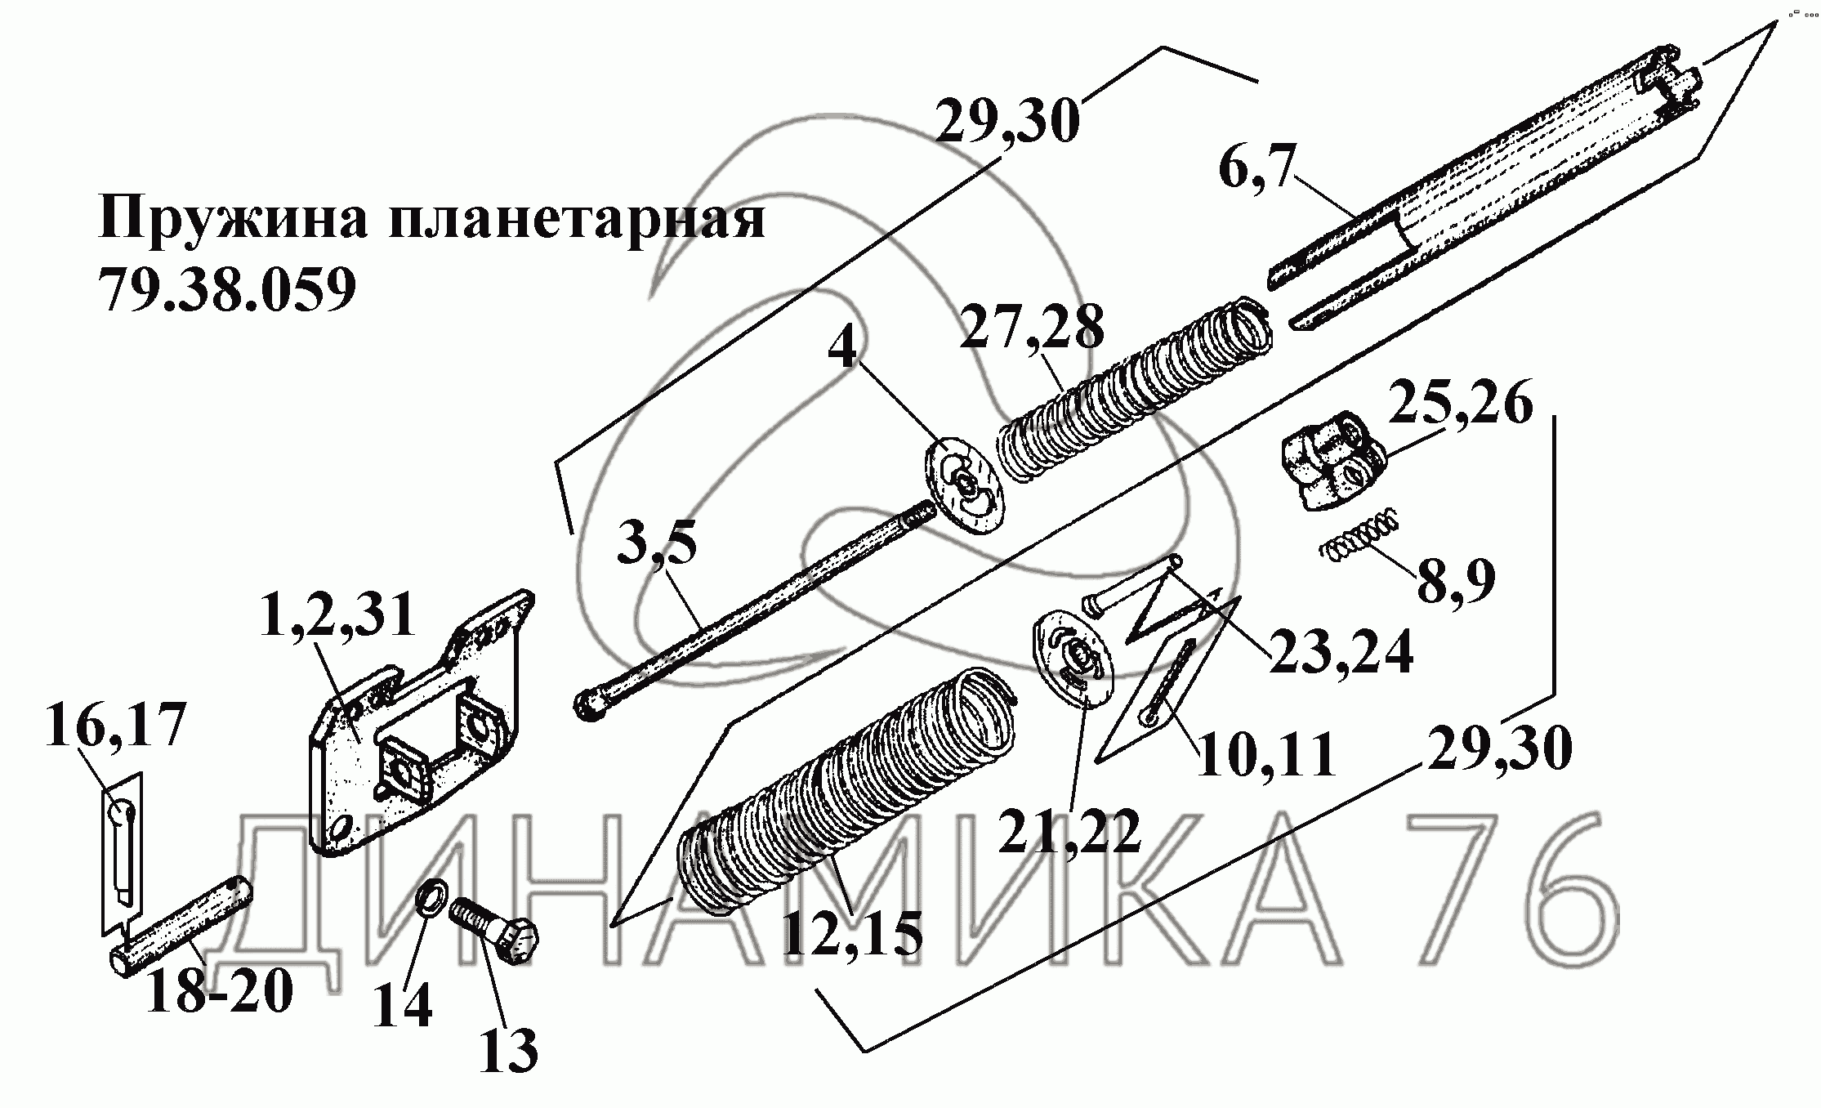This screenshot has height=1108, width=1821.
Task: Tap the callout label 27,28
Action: (x=1032, y=328)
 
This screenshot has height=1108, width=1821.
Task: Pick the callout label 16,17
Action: (x=114, y=724)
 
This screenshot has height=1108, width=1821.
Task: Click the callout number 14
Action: (x=402, y=1005)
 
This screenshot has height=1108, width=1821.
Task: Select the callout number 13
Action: (x=508, y=1050)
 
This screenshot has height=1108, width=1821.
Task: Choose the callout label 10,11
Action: (x=1265, y=754)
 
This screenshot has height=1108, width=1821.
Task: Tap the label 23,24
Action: (x=1341, y=652)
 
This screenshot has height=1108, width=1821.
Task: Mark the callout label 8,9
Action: (x=1456, y=580)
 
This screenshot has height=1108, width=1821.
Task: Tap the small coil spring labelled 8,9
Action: (x=1360, y=543)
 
